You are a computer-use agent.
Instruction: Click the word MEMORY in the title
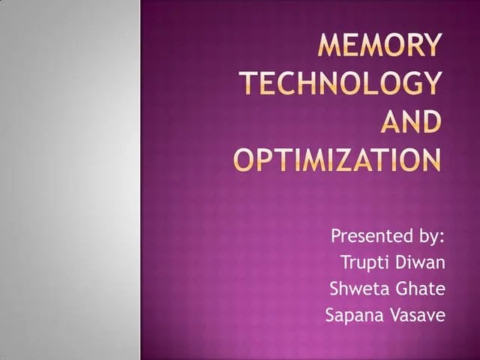(x=379, y=47)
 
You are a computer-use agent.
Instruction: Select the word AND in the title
(x=412, y=121)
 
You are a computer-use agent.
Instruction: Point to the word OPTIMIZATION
(x=337, y=159)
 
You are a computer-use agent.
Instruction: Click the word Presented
(x=366, y=237)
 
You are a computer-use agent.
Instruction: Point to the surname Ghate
(x=418, y=289)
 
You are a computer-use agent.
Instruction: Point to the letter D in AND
(x=429, y=121)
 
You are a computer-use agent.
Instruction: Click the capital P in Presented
(x=337, y=237)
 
